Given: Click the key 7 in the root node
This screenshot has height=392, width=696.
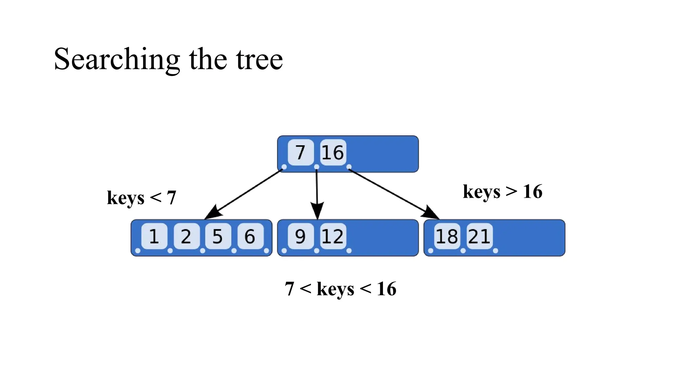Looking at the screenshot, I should [x=300, y=152].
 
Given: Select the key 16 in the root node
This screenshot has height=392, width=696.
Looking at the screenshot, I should [x=333, y=152].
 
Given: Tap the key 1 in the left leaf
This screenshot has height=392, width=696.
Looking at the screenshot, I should [x=154, y=236].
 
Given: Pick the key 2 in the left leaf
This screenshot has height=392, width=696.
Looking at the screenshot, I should [x=186, y=236].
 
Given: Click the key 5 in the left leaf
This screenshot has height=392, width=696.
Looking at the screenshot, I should [x=217, y=236].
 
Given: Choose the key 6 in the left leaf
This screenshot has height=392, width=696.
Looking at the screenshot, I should [x=250, y=236].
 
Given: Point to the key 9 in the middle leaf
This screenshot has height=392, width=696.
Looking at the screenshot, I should [x=300, y=236].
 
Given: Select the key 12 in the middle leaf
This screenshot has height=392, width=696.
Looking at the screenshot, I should [x=333, y=236].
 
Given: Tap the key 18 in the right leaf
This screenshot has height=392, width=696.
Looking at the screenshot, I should [x=447, y=236].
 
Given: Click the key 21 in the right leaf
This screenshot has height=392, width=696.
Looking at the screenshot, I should [x=479, y=236].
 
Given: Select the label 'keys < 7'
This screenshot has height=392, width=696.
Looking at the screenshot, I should [x=141, y=198].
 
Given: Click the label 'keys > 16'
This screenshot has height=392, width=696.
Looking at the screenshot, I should [x=502, y=192].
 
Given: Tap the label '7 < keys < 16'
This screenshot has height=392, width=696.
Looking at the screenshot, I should [x=341, y=289].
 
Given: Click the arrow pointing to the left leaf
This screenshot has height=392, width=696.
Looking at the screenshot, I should [x=245, y=194].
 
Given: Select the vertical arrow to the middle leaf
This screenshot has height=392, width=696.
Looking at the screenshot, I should [x=317, y=194].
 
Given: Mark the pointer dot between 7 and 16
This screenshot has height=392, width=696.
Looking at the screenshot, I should [x=317, y=167].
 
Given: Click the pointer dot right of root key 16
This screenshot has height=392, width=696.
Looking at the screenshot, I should [x=349, y=167].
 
